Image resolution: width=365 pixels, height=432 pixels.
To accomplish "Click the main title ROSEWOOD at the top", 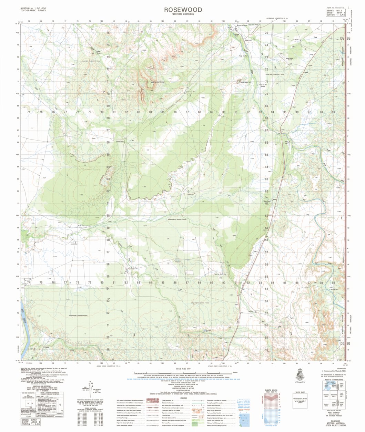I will point(183,10).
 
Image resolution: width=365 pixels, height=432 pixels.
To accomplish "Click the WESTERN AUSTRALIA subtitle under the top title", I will point(183,14).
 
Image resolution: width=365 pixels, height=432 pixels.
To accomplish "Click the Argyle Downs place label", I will point(242,25).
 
